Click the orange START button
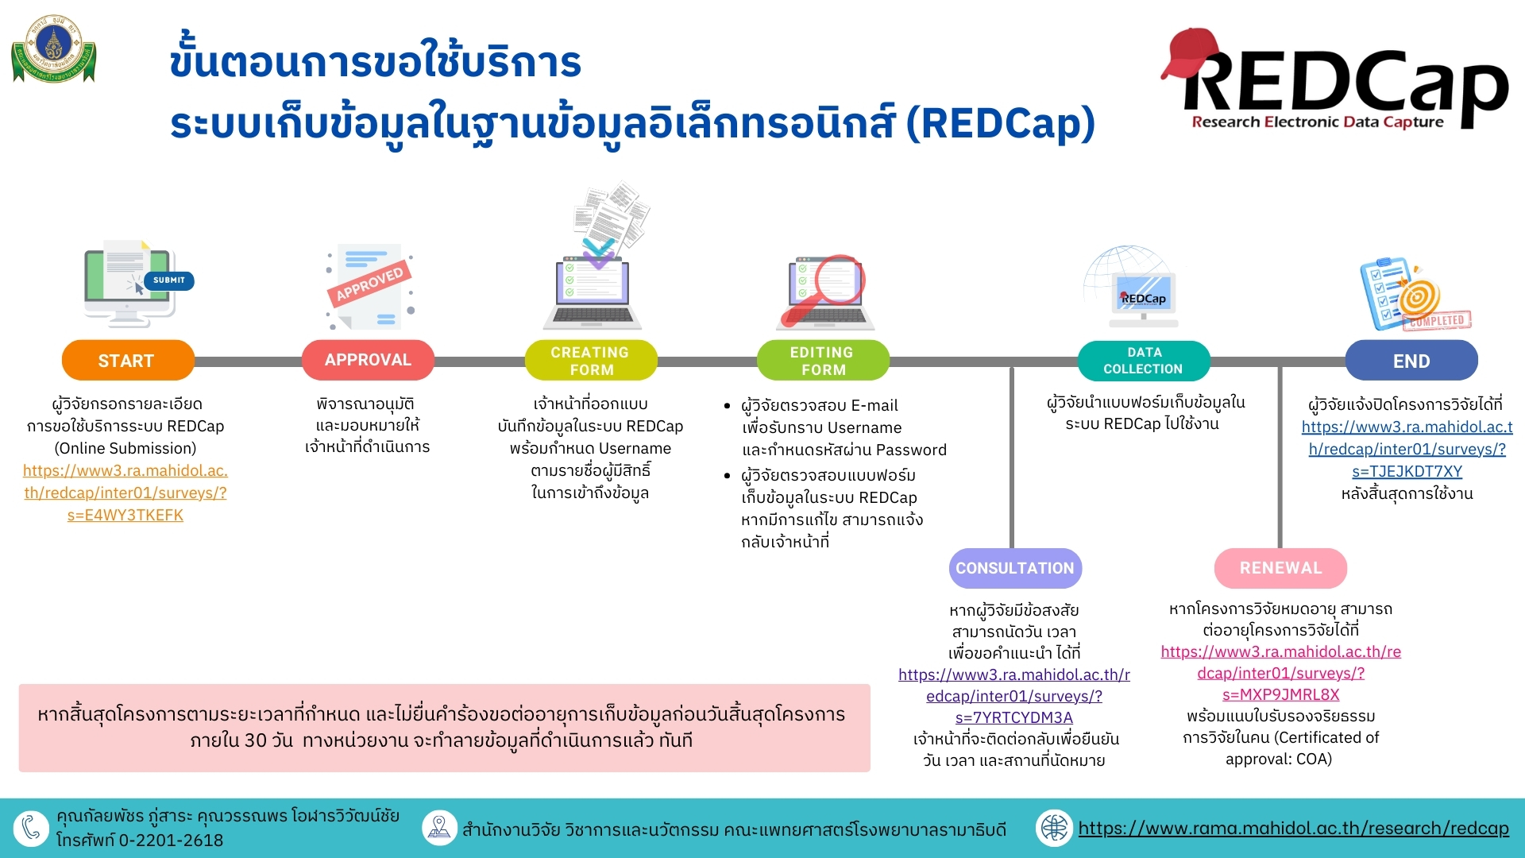(x=128, y=360)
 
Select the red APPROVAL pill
(x=368, y=360)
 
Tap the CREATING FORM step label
(x=591, y=360)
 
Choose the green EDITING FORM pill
(x=823, y=360)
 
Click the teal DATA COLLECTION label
(x=1144, y=360)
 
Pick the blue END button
(x=1411, y=360)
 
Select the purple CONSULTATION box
(x=1015, y=568)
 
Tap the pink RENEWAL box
(x=1280, y=568)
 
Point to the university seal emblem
(x=54, y=48)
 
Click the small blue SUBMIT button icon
(x=169, y=280)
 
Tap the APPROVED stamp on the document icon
(x=370, y=283)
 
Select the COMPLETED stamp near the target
(x=1438, y=320)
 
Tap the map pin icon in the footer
(x=439, y=828)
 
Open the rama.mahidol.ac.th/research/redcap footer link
(x=1293, y=828)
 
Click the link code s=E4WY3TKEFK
(x=125, y=515)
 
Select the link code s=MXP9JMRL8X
(x=1280, y=694)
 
